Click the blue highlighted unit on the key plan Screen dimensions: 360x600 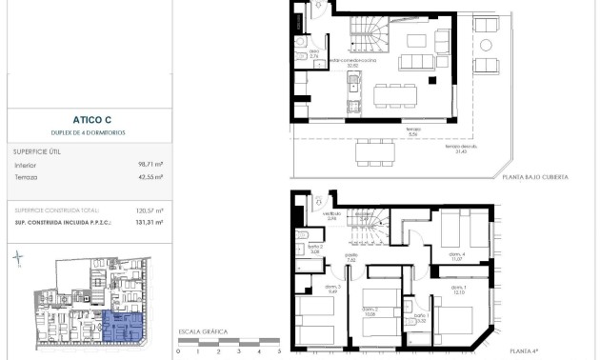tap(122, 328)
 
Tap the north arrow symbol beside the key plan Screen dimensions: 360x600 tap(19, 259)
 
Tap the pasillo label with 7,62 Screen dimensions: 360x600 tap(351, 257)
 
